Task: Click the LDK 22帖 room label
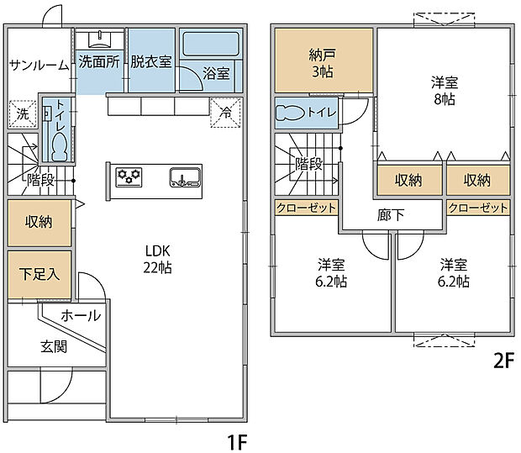[157, 259]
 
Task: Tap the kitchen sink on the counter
[185, 177]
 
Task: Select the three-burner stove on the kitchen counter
[129, 177]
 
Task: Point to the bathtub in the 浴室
[211, 44]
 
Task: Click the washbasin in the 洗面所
[99, 40]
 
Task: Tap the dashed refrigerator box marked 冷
[225, 113]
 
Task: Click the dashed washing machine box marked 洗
[23, 114]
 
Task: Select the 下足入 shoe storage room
[39, 275]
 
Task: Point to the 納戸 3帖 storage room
[324, 61]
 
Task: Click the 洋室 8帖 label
[445, 91]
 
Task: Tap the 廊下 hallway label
[391, 215]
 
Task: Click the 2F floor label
[503, 361]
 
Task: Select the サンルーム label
[39, 66]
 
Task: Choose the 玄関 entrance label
[54, 346]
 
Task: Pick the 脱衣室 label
[151, 61]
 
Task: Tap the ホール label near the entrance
[81, 315]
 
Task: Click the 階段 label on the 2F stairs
[309, 163]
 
